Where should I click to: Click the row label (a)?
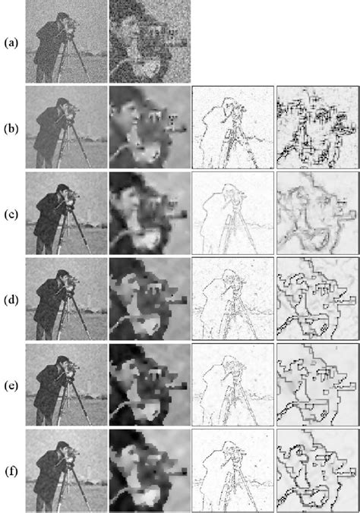[x=11, y=43]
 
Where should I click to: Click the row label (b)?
[x=11, y=127]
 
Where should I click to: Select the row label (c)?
[x=11, y=212]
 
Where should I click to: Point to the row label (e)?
[x=11, y=385]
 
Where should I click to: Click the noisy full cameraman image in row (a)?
[x=66, y=42]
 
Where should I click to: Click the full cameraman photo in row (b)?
[x=66, y=127]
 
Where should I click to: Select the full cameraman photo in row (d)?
[x=66, y=298]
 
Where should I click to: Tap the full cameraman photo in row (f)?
[x=66, y=470]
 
